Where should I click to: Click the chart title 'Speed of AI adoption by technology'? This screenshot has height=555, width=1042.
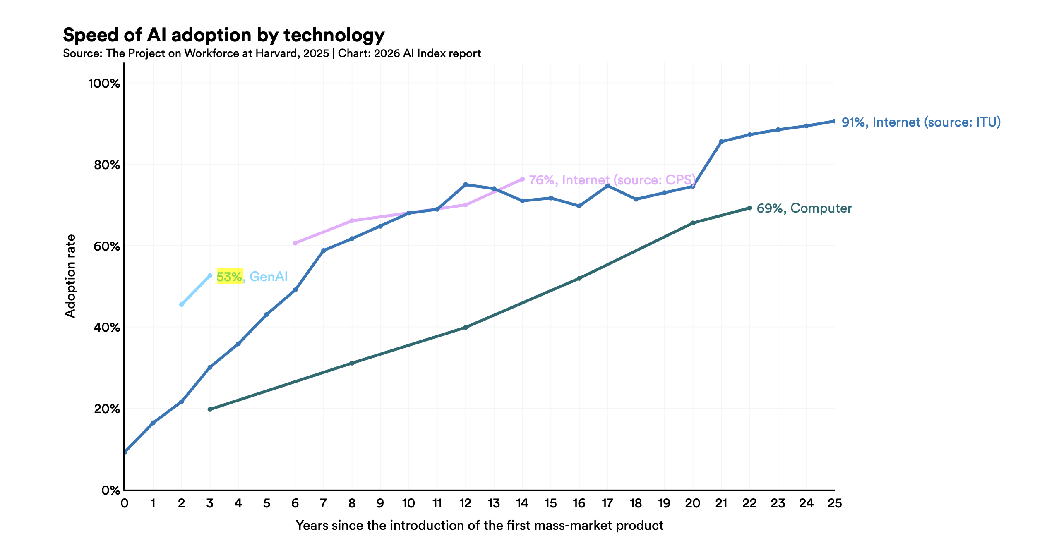[223, 35]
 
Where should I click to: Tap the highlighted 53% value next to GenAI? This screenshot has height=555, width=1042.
[229, 277]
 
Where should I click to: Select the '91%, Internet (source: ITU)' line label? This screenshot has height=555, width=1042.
[921, 122]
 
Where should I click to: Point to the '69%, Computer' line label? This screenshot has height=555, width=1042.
[804, 208]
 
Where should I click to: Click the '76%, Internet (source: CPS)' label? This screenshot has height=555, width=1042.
[612, 180]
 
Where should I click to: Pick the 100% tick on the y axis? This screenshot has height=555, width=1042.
[104, 84]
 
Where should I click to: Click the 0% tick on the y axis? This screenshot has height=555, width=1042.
[110, 490]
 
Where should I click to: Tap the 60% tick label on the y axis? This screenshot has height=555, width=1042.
[107, 246]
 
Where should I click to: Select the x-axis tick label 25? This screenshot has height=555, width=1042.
[834, 503]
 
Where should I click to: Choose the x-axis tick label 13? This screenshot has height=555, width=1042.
[494, 503]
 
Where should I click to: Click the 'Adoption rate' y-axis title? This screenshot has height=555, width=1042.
[71, 276]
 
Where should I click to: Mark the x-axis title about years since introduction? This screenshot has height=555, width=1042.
[479, 526]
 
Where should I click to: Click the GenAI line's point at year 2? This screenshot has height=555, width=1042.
[182, 304]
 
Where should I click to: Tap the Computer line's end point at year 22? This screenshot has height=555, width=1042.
[749, 208]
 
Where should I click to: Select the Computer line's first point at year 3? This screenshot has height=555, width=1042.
[210, 409]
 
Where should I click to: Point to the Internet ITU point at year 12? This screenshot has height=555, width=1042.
[466, 184]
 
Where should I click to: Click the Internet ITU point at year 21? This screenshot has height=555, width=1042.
[721, 142]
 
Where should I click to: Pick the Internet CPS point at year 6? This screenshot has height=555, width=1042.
[295, 243]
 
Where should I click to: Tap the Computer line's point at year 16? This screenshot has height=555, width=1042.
[579, 278]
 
